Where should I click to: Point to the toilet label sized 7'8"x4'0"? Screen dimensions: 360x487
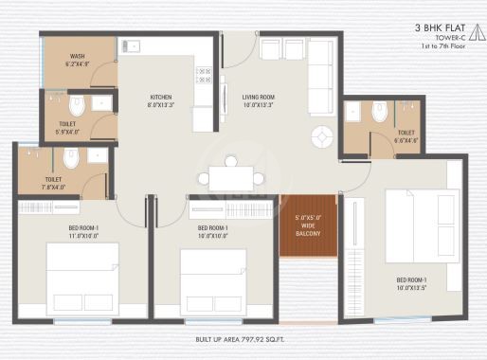click(x=52, y=183)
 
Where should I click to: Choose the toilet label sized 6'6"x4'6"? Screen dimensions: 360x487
click(x=406, y=136)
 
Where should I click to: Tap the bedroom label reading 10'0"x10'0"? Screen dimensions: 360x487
click(x=211, y=232)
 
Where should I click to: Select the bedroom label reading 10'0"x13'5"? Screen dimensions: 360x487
click(x=410, y=283)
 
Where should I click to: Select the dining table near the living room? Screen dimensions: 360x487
click(x=232, y=178)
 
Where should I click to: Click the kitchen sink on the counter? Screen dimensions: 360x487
click(x=132, y=44)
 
